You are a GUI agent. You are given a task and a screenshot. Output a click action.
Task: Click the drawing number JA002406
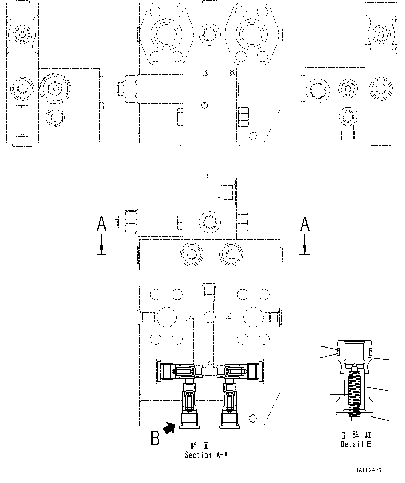(x=368, y=470)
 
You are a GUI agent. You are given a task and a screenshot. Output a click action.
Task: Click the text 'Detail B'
(x=356, y=444)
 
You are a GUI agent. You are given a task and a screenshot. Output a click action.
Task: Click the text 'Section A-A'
(x=206, y=455)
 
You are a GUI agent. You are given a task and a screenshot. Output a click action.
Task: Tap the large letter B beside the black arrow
(x=155, y=438)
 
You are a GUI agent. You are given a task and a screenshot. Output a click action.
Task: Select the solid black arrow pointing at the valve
(x=169, y=428)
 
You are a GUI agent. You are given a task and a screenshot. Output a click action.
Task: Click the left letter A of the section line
(x=101, y=224)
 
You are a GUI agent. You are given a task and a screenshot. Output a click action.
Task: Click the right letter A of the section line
(x=305, y=224)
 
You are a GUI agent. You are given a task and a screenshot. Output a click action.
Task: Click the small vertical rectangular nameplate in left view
(x=21, y=121)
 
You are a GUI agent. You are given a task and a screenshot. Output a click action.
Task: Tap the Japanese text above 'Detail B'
(x=356, y=435)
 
